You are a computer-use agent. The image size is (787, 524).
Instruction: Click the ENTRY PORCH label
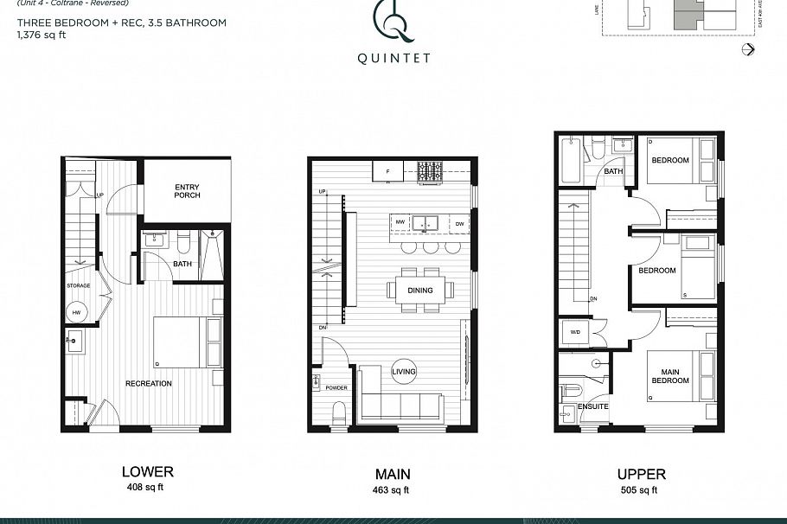pos(187,190)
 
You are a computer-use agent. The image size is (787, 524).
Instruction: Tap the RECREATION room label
pos(148,383)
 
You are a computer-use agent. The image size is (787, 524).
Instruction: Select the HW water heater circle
pos(75,312)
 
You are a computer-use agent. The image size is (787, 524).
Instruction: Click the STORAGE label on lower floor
pos(79,284)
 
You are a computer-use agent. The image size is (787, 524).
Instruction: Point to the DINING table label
pos(420,291)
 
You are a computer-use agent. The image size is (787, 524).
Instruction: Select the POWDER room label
pos(336,387)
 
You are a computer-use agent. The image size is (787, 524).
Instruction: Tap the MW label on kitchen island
pos(400,223)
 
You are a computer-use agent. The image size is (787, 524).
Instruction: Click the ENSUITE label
pos(593,406)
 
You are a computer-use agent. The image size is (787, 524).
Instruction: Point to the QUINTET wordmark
pos(393,60)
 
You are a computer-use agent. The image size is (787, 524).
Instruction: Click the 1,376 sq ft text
pos(41,35)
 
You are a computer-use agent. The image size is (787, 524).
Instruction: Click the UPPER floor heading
pos(641,474)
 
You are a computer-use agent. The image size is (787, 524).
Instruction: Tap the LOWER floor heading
pos(147,472)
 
